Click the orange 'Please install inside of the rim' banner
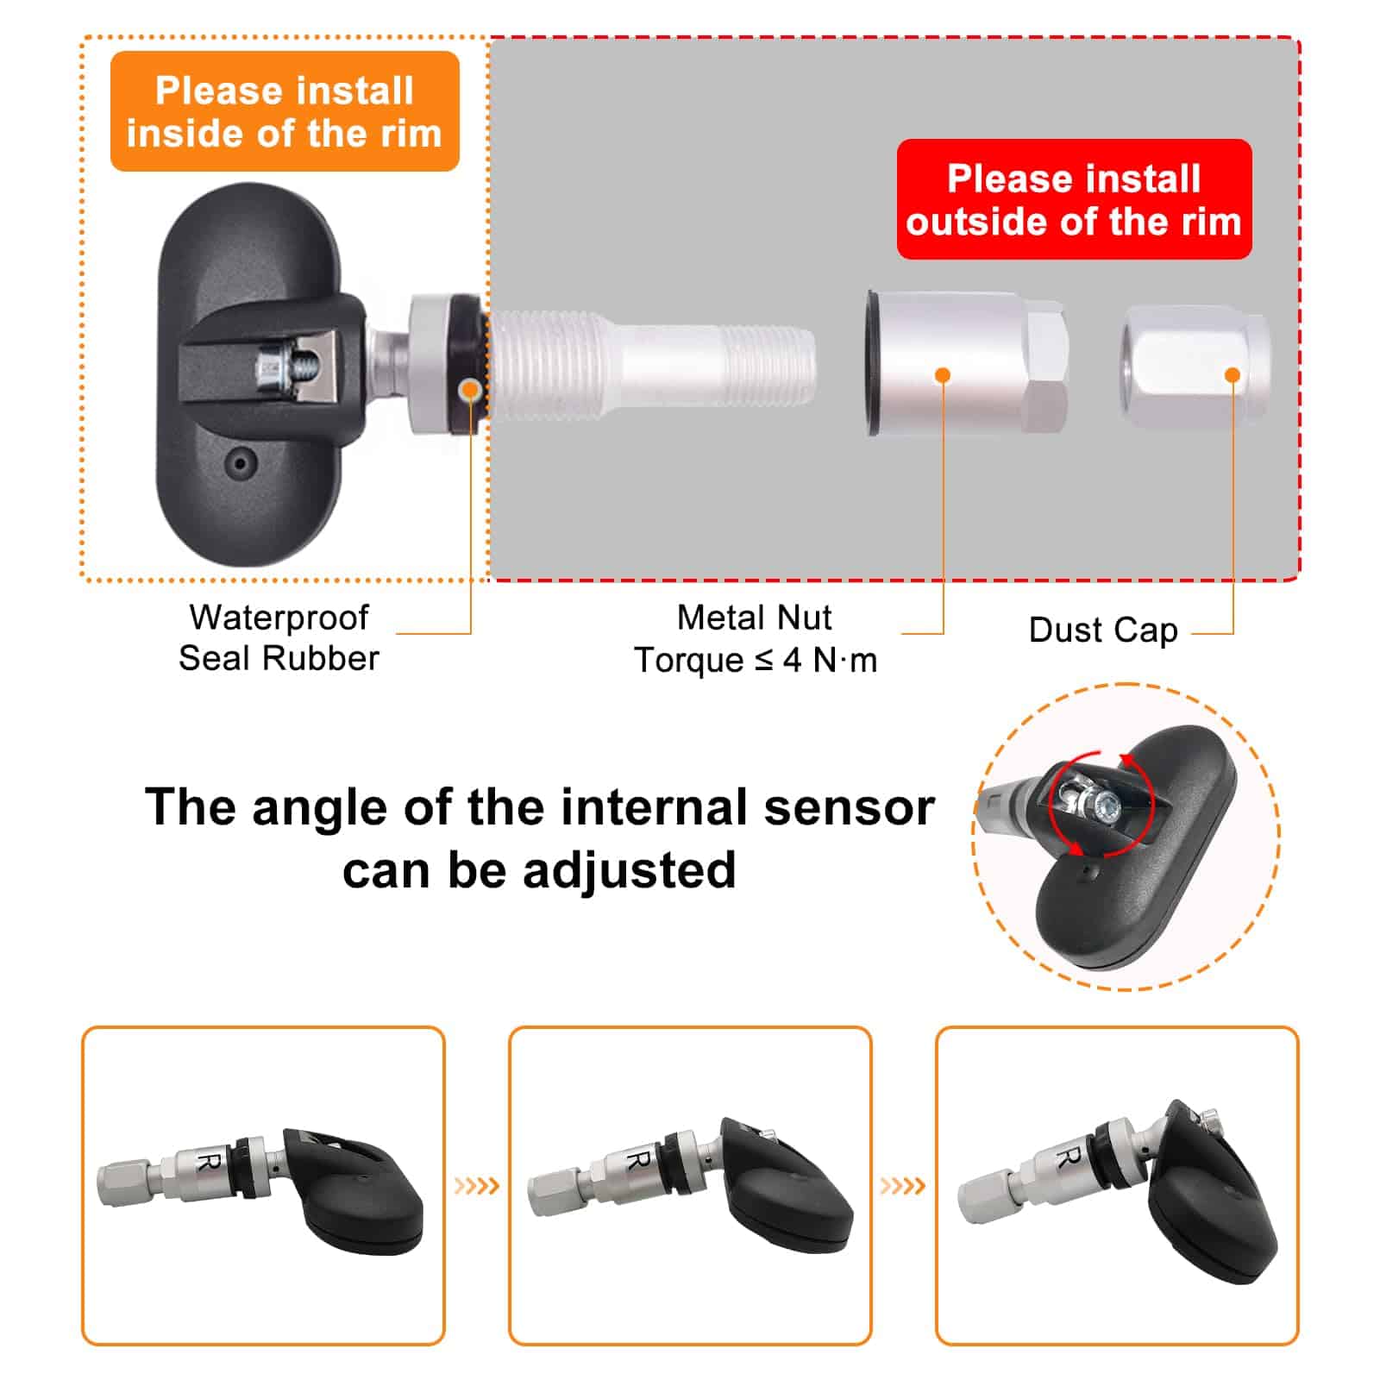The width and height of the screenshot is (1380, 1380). pyautogui.click(x=285, y=111)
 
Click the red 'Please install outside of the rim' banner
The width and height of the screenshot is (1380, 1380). pyautogui.click(x=1074, y=199)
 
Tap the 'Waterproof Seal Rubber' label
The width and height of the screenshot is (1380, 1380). pyautogui.click(x=279, y=637)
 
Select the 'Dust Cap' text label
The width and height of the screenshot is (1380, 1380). pyautogui.click(x=1103, y=630)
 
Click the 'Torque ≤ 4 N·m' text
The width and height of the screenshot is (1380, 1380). pyautogui.click(x=756, y=661)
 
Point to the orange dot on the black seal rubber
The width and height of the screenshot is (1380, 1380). pyautogui.click(x=470, y=389)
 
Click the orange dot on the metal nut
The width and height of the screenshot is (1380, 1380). pyautogui.click(x=943, y=375)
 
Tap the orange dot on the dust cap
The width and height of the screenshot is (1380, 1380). pyautogui.click(x=1233, y=375)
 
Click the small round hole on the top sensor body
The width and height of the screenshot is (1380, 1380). pyautogui.click(x=240, y=465)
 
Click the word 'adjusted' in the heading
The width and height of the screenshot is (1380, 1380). pyautogui.click(x=630, y=871)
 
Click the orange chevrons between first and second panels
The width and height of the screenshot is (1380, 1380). pyautogui.click(x=477, y=1187)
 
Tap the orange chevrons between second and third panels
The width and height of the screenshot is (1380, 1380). pyautogui.click(x=903, y=1187)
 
